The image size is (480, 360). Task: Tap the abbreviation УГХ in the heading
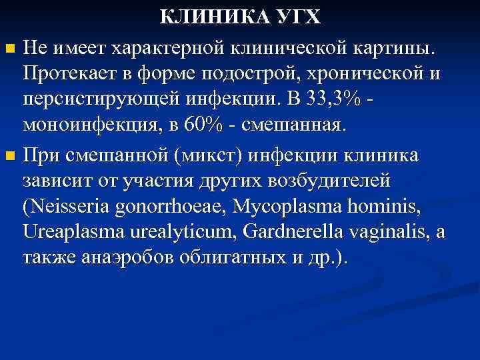pos(297,17)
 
